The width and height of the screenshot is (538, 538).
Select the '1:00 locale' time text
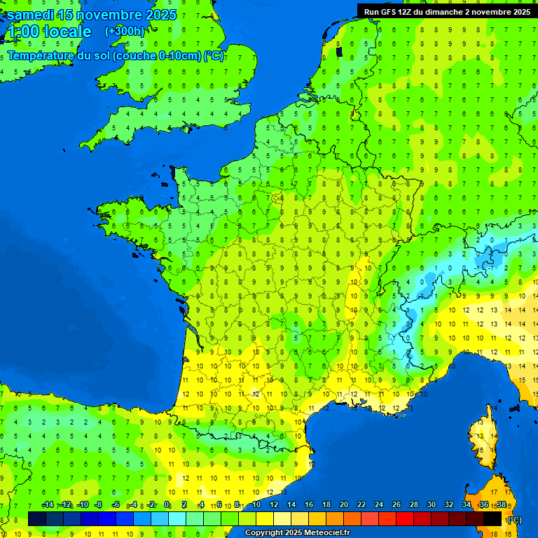[49, 32]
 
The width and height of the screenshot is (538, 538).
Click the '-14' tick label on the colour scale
[48, 505]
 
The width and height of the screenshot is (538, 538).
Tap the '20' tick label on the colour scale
[343, 505]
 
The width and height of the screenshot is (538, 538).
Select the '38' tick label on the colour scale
[501, 505]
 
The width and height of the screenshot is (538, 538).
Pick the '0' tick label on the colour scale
[167, 505]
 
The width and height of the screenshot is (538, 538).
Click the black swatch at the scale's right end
[492, 518]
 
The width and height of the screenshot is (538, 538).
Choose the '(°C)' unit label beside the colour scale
[514, 519]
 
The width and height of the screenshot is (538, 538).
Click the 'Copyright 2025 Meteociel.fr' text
[296, 533]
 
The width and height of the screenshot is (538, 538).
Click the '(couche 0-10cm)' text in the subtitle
[157, 56]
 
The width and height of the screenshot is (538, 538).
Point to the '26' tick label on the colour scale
[396, 505]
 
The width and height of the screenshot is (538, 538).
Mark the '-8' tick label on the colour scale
[99, 505]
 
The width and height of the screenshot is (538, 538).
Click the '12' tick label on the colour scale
[273, 505]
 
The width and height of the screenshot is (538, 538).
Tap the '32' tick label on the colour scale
[448, 505]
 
